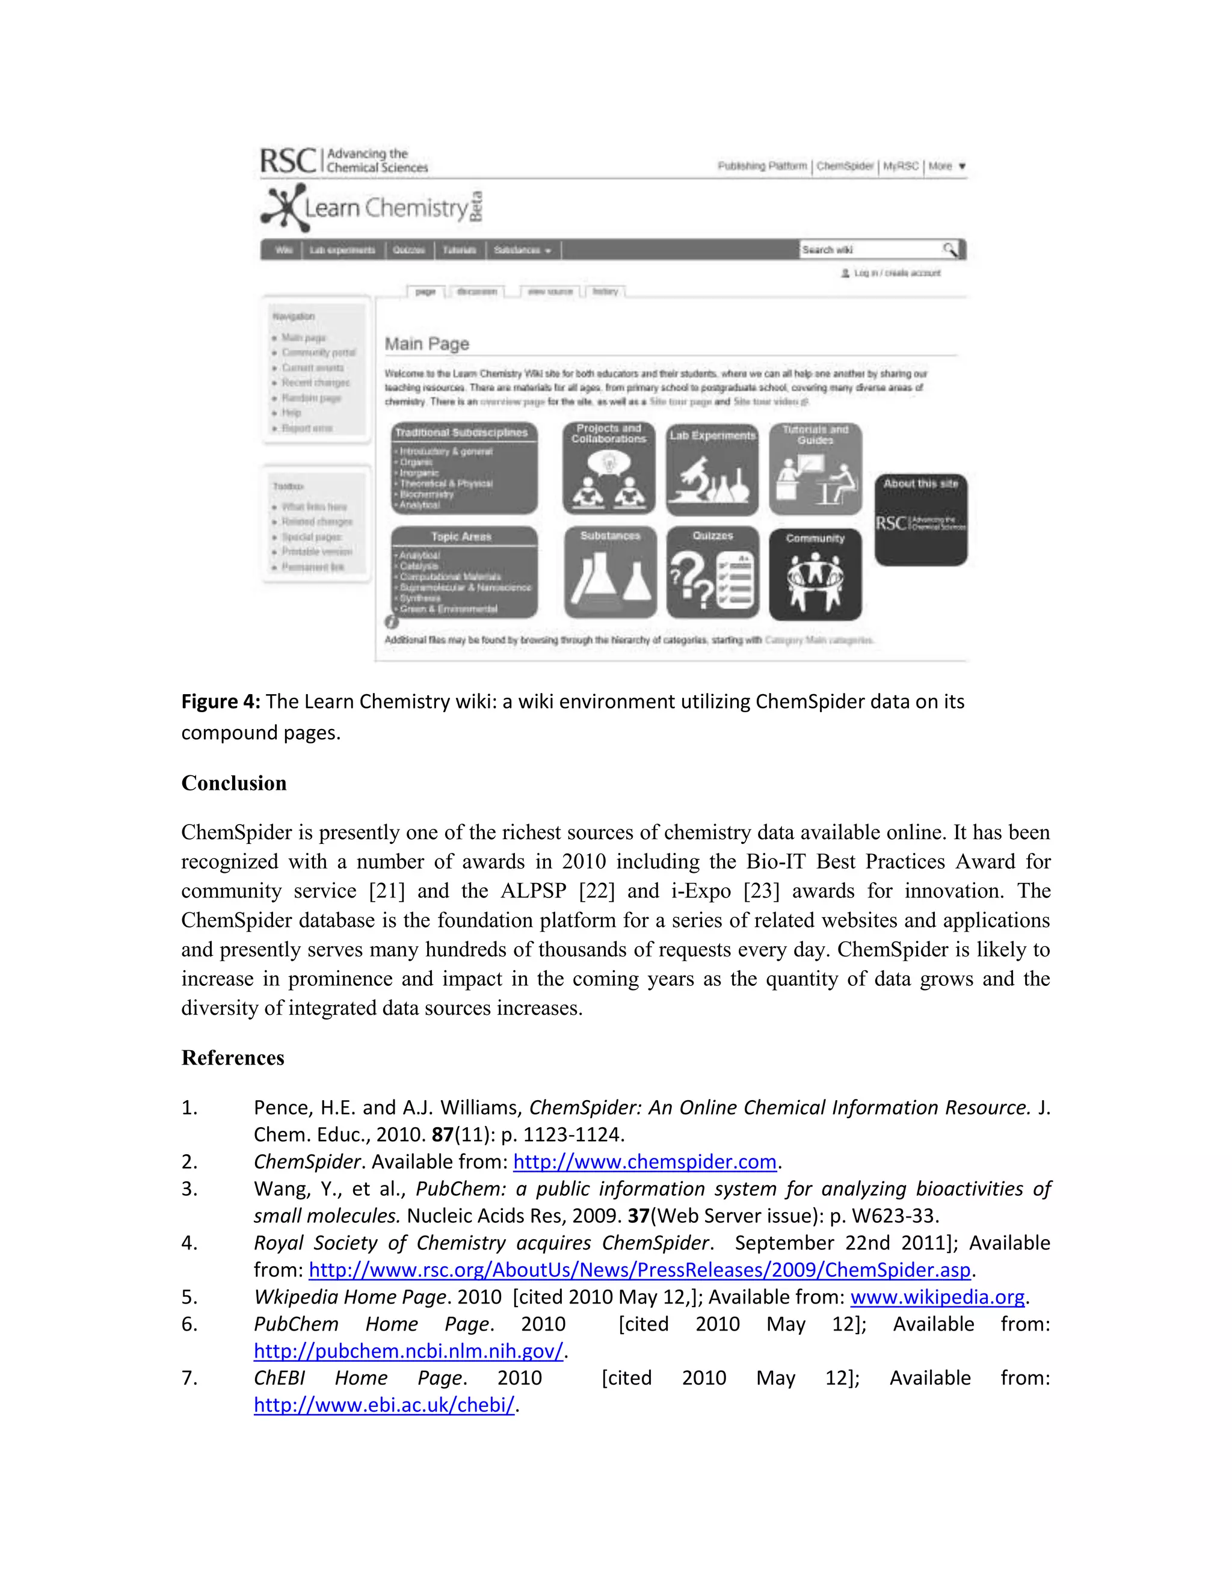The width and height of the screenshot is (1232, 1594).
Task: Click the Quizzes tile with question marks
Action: [x=712, y=573]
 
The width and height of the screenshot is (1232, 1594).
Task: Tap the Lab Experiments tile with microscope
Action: [x=712, y=469]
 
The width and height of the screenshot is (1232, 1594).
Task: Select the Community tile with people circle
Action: [x=815, y=574]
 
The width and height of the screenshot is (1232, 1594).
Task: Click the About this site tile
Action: [x=920, y=519]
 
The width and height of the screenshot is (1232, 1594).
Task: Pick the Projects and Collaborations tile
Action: [x=609, y=468]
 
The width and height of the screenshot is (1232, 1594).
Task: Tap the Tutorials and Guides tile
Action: [x=815, y=469]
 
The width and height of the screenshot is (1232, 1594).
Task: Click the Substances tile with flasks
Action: [x=610, y=573]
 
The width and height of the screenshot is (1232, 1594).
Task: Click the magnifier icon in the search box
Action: [x=949, y=250]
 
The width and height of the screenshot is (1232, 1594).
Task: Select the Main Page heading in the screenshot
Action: [x=427, y=343]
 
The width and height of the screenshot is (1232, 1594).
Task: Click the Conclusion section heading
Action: [x=233, y=783]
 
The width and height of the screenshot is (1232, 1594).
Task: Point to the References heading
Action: [x=233, y=1057]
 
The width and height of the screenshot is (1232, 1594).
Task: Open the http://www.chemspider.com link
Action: [x=644, y=1161]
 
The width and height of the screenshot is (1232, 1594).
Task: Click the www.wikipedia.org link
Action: [x=937, y=1297]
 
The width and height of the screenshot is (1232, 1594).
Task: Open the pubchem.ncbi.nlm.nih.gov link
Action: [x=408, y=1351]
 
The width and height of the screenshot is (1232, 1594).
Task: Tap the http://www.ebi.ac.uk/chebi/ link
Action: [x=384, y=1405]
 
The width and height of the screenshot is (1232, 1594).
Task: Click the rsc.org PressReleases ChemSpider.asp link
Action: [x=639, y=1270]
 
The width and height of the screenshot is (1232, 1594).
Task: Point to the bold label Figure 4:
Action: [x=220, y=701]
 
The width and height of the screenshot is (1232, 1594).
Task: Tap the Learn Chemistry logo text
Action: [x=386, y=209]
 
